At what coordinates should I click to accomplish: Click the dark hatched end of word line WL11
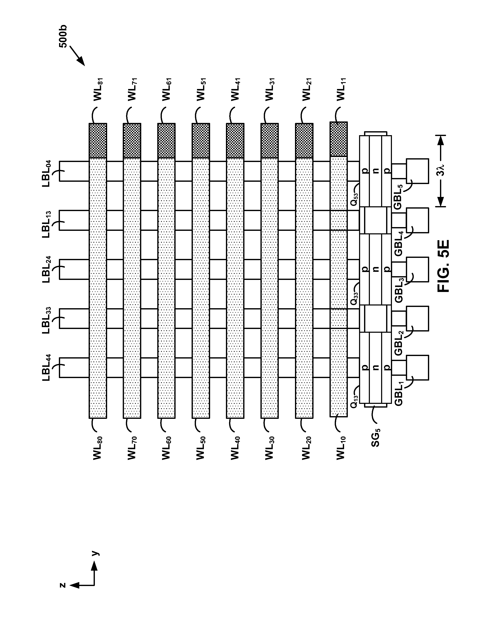(339, 139)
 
